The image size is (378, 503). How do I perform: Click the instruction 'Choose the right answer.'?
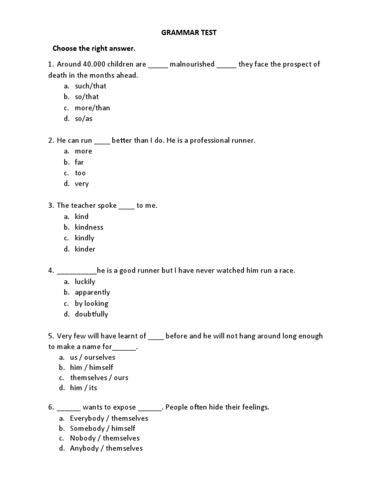click(94, 49)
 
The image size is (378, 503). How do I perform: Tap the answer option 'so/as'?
click(84, 118)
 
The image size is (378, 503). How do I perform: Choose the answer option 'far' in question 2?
click(79, 162)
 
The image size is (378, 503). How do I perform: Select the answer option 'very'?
click(82, 184)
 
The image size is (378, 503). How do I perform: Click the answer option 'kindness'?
click(89, 227)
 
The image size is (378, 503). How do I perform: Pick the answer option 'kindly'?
click(84, 238)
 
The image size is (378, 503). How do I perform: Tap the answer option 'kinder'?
click(85, 249)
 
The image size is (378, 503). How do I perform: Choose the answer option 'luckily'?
click(85, 281)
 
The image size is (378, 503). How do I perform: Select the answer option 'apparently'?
click(92, 292)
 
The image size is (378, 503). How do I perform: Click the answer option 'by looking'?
click(91, 303)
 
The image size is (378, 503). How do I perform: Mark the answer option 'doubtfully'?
click(91, 314)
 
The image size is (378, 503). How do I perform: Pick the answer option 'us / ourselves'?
click(93, 357)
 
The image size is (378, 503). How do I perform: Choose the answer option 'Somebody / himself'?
click(102, 428)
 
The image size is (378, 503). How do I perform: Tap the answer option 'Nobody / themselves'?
click(104, 438)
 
